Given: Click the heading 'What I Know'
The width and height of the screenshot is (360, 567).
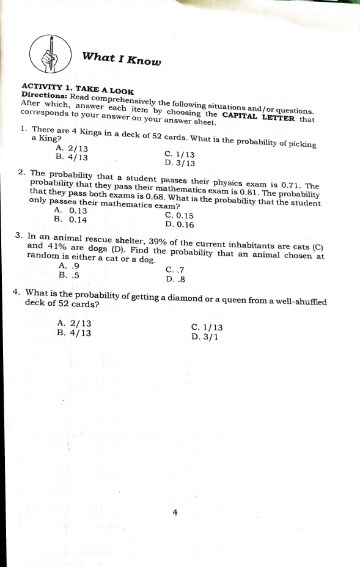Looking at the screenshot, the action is pos(122,58).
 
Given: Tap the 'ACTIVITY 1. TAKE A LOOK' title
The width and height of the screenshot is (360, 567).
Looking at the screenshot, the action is pos(78,89).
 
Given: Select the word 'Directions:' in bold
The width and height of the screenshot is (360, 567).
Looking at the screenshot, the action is pos(44,96).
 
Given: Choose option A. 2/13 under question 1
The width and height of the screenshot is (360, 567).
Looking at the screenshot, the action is pos(72,148).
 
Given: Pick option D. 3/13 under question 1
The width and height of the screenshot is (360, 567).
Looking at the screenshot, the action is pos(180,163).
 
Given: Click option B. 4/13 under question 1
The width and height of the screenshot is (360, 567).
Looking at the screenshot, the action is pos(71,157).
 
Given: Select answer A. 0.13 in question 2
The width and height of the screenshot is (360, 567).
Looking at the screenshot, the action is pos(70,210).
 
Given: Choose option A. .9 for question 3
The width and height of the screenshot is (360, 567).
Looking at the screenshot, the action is pos(69,265).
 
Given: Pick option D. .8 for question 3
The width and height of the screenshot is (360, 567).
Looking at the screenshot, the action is pos(175,279).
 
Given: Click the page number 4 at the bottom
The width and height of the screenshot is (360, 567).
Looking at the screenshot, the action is pos(175,513).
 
